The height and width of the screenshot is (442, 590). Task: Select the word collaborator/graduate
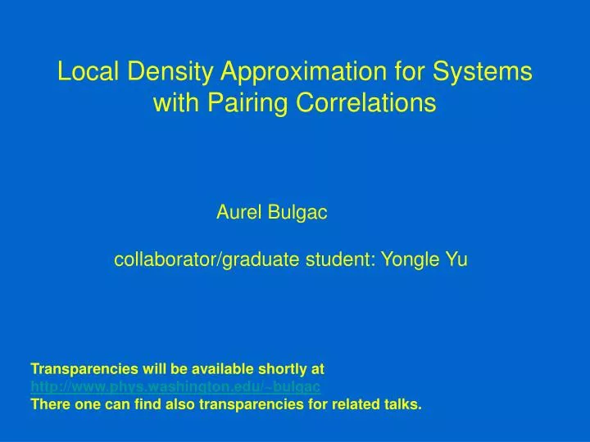point(206,261)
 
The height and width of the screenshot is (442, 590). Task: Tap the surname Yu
point(456,261)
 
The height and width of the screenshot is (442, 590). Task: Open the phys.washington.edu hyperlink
point(175,386)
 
